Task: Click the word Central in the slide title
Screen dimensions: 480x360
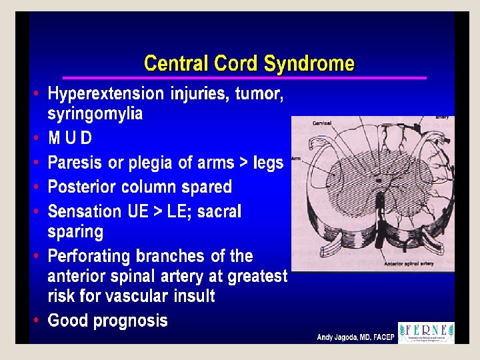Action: tap(175, 64)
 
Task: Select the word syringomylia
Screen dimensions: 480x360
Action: tap(95, 114)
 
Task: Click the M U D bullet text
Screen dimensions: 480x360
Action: tap(70, 139)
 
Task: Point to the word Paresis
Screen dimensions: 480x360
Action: tap(75, 163)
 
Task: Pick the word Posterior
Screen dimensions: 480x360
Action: tap(85, 187)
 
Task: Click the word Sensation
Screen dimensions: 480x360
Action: tap(85, 211)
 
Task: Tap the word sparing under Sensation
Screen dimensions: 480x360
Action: tap(75, 232)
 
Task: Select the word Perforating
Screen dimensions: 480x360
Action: tap(89, 256)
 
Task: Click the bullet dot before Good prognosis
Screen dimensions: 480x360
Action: tap(36, 321)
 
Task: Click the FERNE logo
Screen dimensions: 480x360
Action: tap(426, 333)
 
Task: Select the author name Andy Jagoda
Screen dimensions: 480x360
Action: tap(339, 337)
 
